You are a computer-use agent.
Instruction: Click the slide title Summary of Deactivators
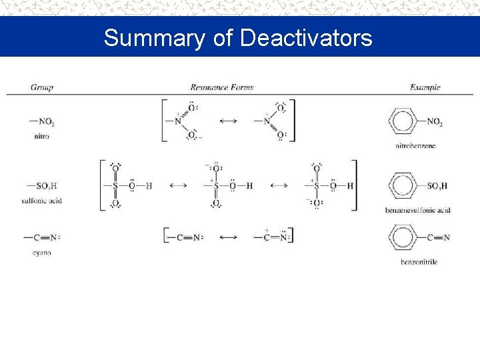pyautogui.click(x=238, y=38)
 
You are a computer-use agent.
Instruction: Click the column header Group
pyautogui.click(x=41, y=87)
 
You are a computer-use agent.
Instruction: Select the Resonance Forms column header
pyautogui.click(x=221, y=87)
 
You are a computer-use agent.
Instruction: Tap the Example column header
pyautogui.click(x=425, y=87)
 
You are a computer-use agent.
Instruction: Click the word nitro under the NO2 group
pyautogui.click(x=41, y=136)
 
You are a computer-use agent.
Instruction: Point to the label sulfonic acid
pyautogui.click(x=41, y=200)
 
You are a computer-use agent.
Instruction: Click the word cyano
pyautogui.click(x=41, y=253)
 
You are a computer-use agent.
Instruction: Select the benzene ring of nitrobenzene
pyautogui.click(x=401, y=122)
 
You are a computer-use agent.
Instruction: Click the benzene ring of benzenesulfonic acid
pyautogui.click(x=401, y=185)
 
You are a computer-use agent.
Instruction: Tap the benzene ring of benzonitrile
pyautogui.click(x=401, y=237)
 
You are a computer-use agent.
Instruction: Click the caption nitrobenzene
pyautogui.click(x=415, y=145)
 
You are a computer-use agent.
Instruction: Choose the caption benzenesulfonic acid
pyautogui.click(x=417, y=210)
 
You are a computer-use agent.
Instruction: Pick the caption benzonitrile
pyautogui.click(x=419, y=262)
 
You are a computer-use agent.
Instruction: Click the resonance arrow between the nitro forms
pyautogui.click(x=228, y=121)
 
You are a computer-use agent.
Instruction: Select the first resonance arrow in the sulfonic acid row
pyautogui.click(x=178, y=185)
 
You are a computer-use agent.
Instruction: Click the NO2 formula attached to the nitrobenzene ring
pyautogui.click(x=435, y=122)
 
